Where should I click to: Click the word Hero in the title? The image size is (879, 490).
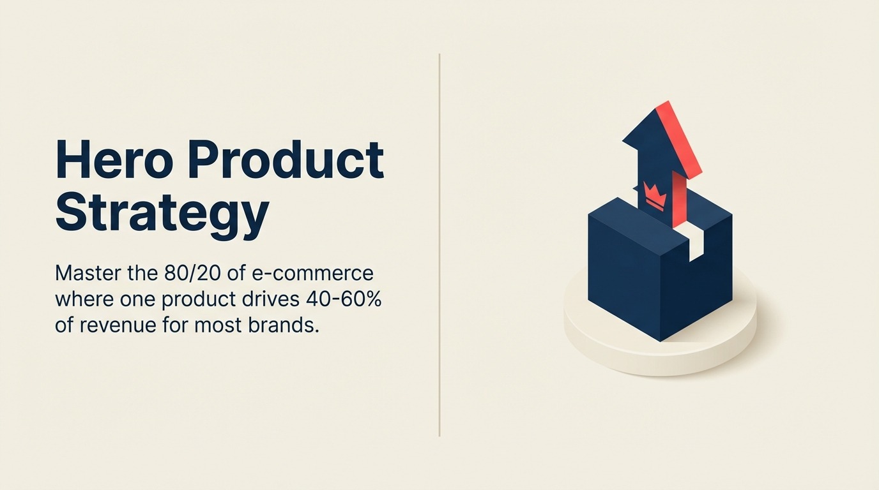[114, 159]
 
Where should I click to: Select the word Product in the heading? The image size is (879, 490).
[286, 159]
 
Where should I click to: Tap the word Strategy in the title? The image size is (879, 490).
[162, 214]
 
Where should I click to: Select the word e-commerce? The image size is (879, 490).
[312, 273]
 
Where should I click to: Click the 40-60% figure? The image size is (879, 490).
[342, 299]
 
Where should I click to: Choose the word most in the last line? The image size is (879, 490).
[219, 326]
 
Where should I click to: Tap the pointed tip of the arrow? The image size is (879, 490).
[667, 101]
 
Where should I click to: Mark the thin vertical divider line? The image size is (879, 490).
[439, 245]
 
